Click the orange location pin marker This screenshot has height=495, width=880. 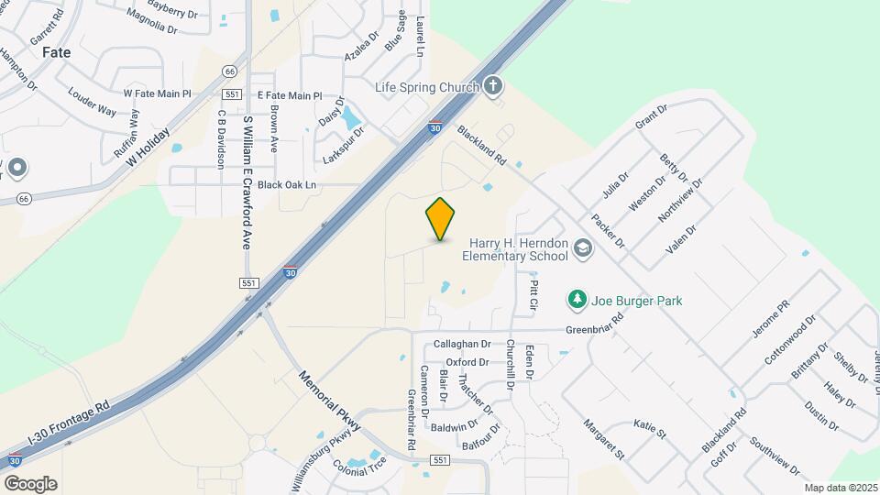pos(441,217)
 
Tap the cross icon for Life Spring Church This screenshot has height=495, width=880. pos(493,87)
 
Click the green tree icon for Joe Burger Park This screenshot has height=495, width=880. pos(577,300)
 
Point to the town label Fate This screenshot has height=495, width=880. pos(56,52)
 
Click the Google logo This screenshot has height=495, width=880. pos(30,483)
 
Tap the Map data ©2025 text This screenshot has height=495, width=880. pos(839,488)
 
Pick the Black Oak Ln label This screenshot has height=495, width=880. pos(286,184)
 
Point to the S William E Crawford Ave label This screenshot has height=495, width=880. pos(247,182)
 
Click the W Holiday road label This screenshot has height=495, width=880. pos(148,146)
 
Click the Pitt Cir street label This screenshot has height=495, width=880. pos(533,294)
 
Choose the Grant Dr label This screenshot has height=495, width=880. pos(651,115)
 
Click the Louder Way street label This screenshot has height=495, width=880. pos(92,104)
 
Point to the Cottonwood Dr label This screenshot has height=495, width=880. pos(790,340)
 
